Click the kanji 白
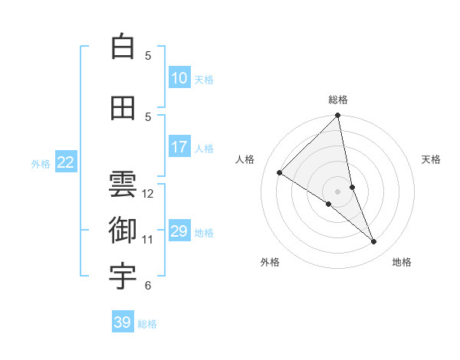[x=123, y=47]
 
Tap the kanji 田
[x=123, y=108]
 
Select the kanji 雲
[x=123, y=184]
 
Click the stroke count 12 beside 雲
[x=148, y=193]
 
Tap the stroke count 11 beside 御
[x=148, y=240]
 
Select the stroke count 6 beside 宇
[x=148, y=286]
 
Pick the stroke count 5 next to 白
[x=148, y=55]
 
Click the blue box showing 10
[x=179, y=78]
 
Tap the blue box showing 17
[x=179, y=147]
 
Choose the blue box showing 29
[x=179, y=231]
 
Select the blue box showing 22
[x=66, y=162]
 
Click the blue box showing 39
[x=122, y=322]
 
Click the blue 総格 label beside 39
[x=147, y=324]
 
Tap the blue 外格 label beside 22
[x=41, y=163]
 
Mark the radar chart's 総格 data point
[x=338, y=116]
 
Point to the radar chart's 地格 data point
[x=374, y=242]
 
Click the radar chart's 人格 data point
[x=280, y=173]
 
